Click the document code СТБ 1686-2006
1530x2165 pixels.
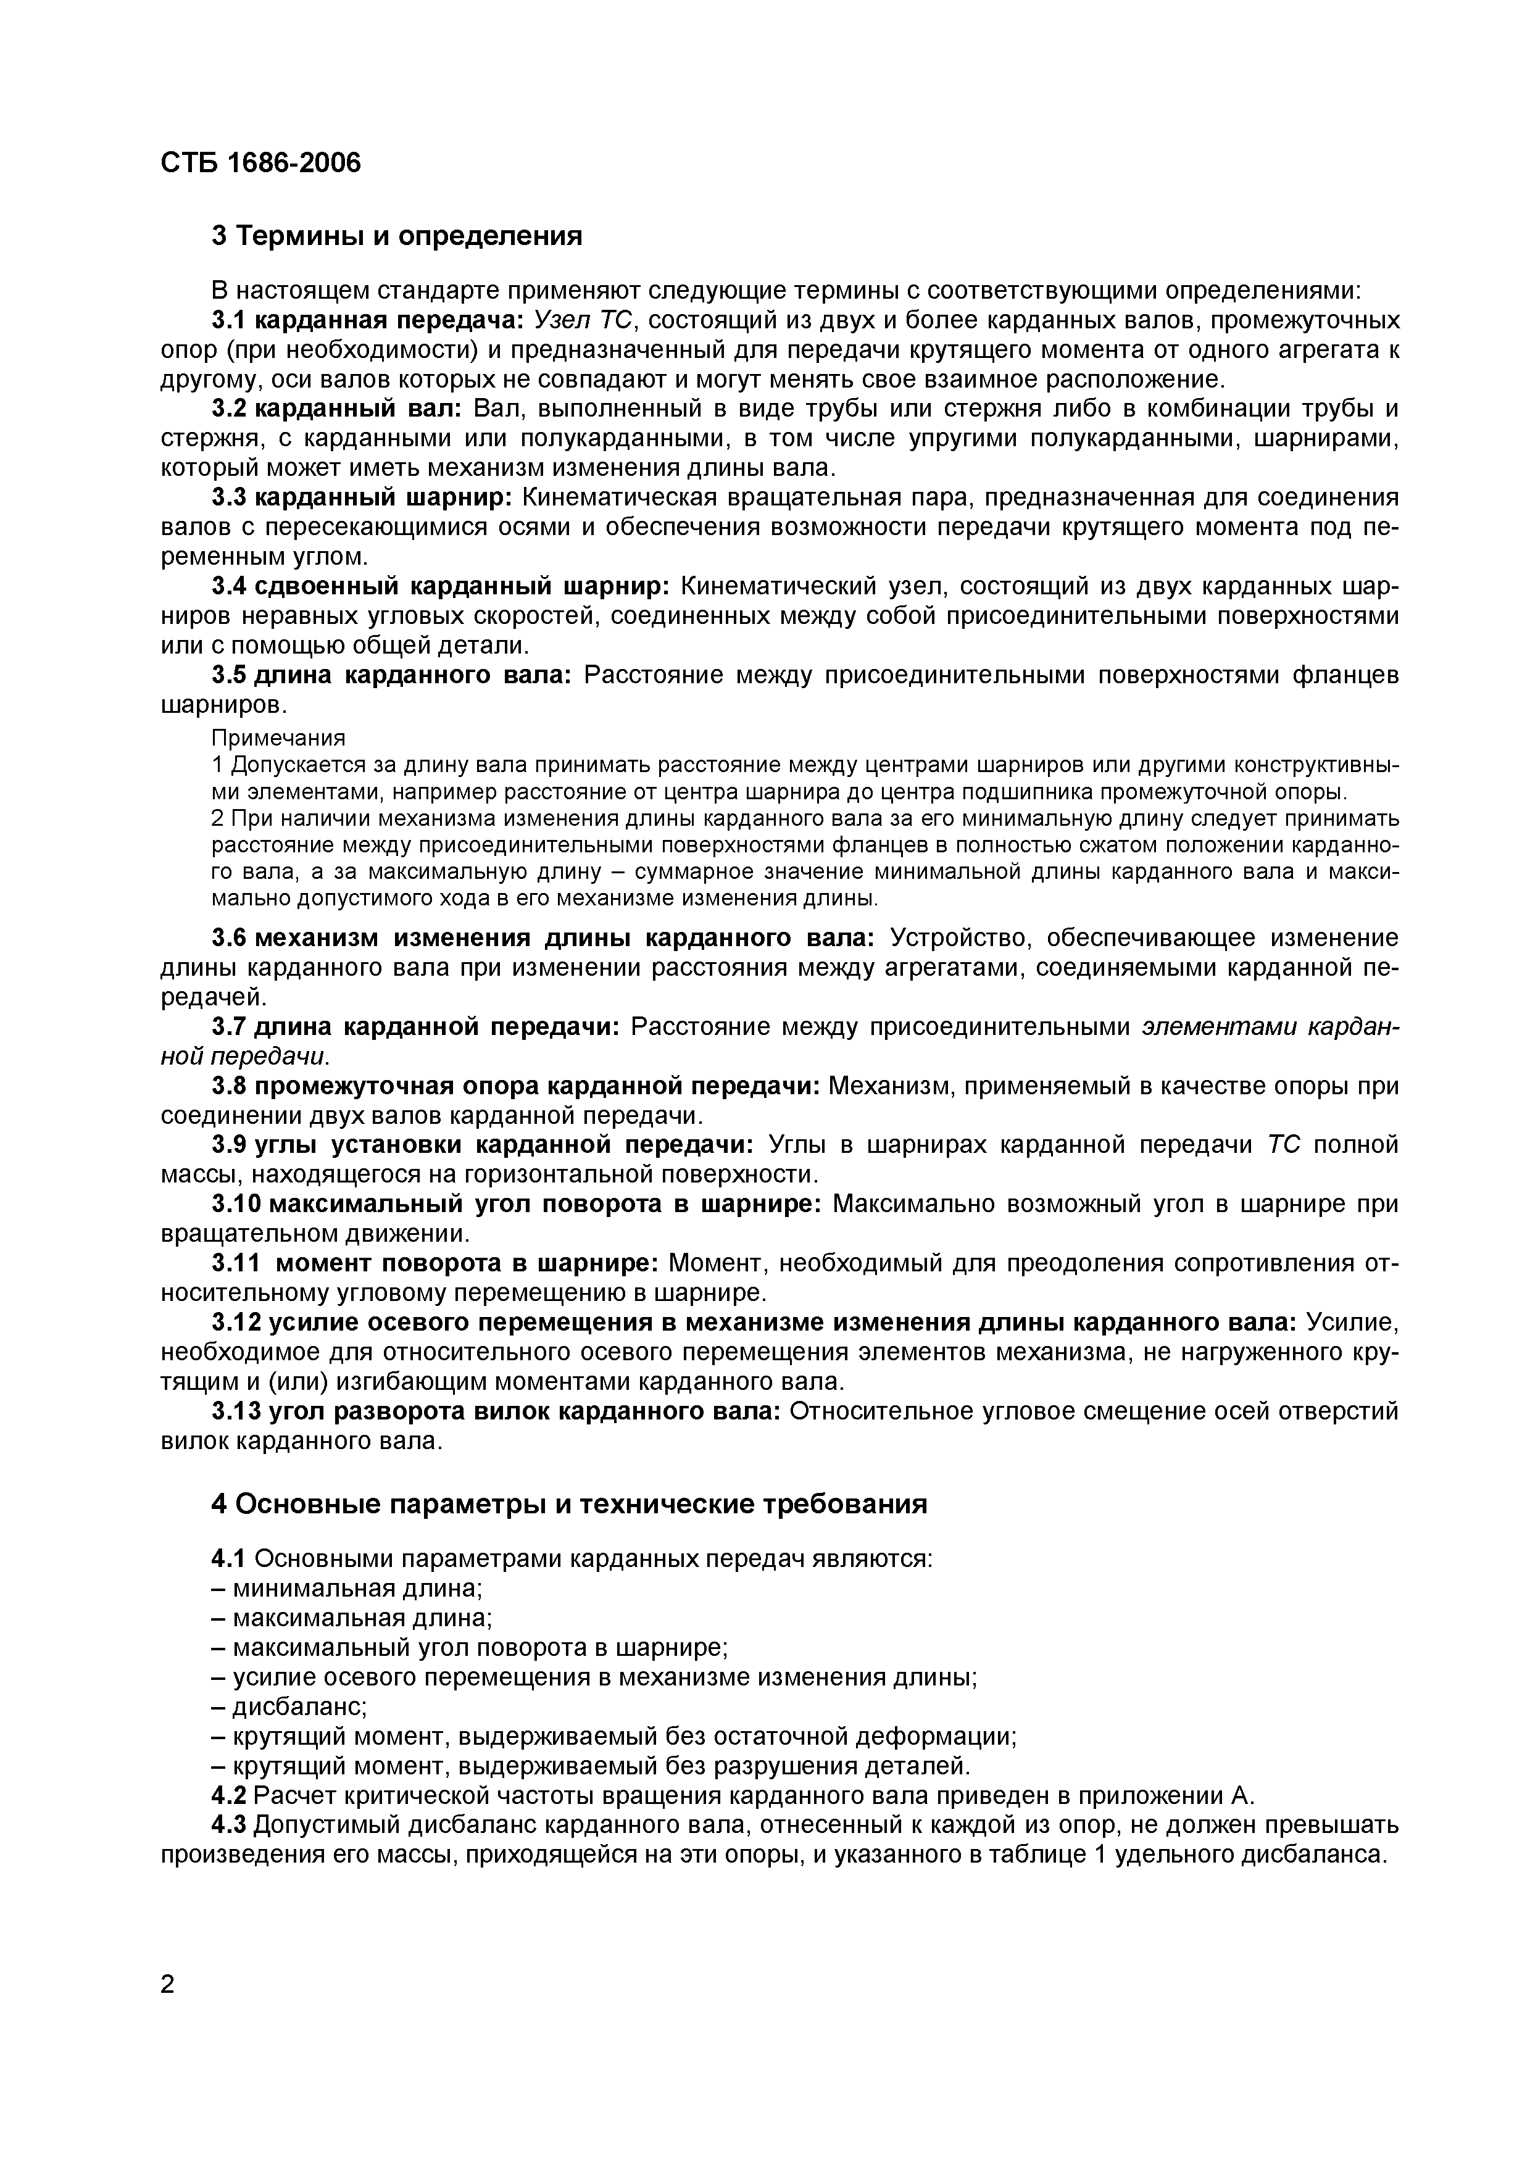pyautogui.click(x=260, y=163)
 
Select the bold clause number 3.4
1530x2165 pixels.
pyautogui.click(x=228, y=586)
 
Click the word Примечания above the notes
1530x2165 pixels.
pyautogui.click(x=278, y=736)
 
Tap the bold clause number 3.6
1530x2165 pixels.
pyautogui.click(x=228, y=937)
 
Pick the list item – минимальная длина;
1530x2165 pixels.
pyautogui.click(x=346, y=1588)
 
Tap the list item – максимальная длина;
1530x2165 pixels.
pyautogui.click(x=351, y=1618)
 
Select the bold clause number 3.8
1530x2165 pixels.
pyautogui.click(x=228, y=1086)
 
